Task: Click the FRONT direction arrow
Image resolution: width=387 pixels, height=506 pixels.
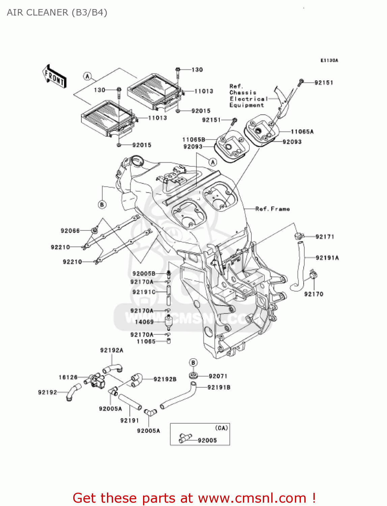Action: click(54, 76)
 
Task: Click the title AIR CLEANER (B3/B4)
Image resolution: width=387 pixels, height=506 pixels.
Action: click(57, 12)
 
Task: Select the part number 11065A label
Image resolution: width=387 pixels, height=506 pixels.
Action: click(302, 132)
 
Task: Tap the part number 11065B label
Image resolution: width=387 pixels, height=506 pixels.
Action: click(194, 140)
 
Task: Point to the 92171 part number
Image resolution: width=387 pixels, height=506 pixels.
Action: click(325, 237)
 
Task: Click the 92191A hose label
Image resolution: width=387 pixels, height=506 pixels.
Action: click(327, 258)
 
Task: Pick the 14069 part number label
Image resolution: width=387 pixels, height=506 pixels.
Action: click(144, 322)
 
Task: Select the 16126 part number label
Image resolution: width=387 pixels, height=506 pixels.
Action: click(68, 377)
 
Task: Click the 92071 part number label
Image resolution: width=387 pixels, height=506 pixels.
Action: click(218, 376)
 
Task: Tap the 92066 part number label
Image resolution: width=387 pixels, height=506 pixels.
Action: click(70, 231)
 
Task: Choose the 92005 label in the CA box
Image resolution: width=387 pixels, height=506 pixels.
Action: click(207, 441)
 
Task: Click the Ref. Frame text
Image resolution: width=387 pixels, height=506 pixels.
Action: click(273, 209)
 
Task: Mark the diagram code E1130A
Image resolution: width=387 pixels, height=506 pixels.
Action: click(329, 61)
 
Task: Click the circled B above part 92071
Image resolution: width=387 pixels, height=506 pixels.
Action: click(193, 363)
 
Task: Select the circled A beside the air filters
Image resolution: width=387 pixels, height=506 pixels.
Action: click(87, 76)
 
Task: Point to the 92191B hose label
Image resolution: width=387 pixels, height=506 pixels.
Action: click(219, 388)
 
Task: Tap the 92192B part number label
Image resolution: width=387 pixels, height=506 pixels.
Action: click(165, 379)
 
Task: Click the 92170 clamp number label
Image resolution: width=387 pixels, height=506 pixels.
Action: click(313, 294)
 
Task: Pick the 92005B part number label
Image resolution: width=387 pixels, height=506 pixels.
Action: click(144, 274)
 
